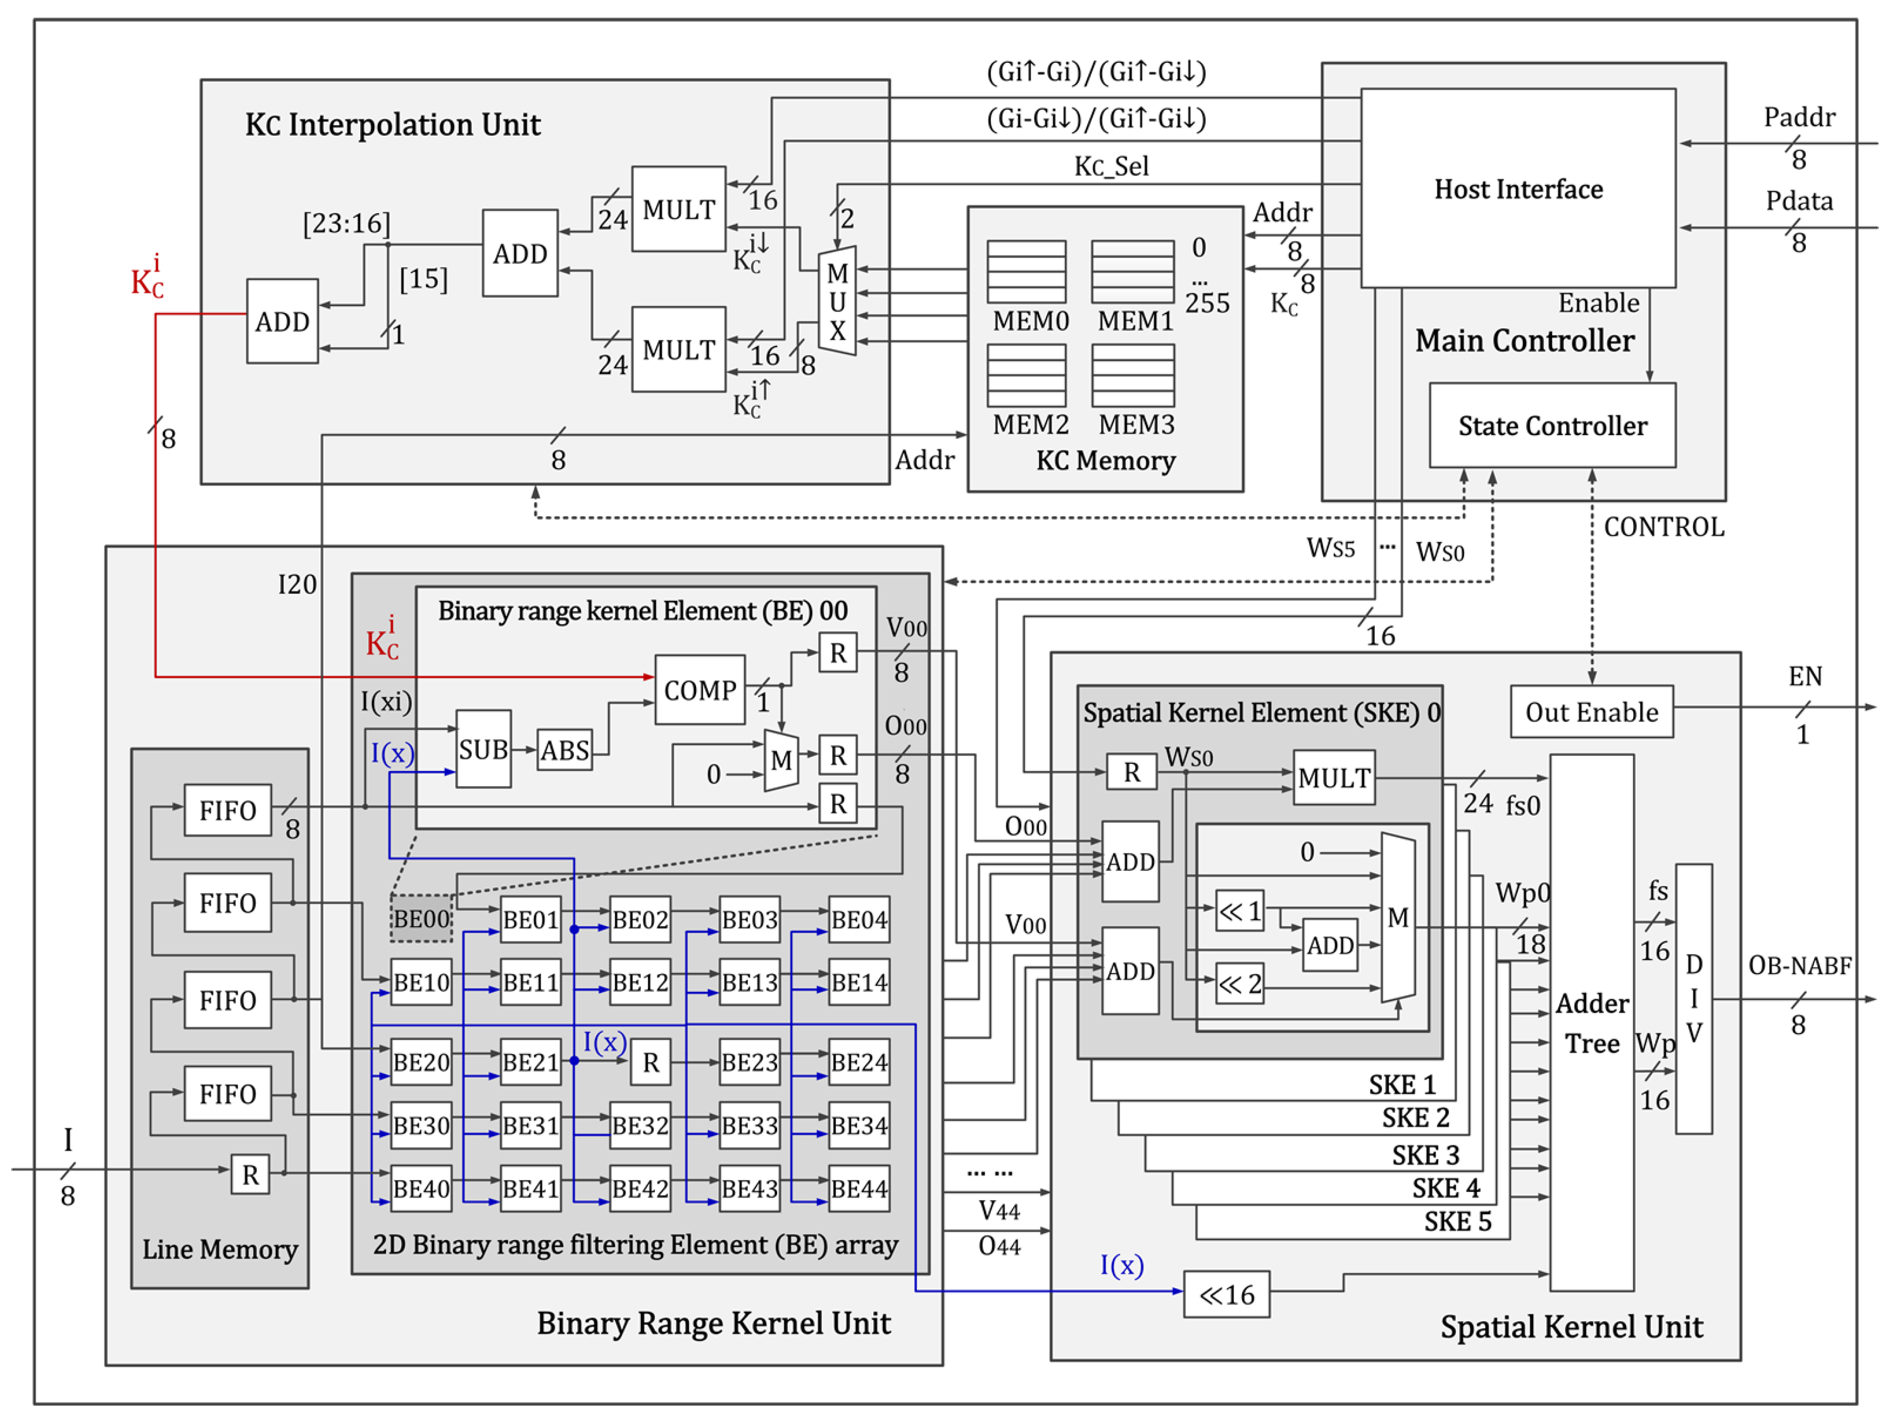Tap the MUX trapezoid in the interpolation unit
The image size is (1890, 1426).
point(836,301)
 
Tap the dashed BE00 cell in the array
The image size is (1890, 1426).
point(420,918)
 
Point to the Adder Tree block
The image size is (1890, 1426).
point(1591,1022)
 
